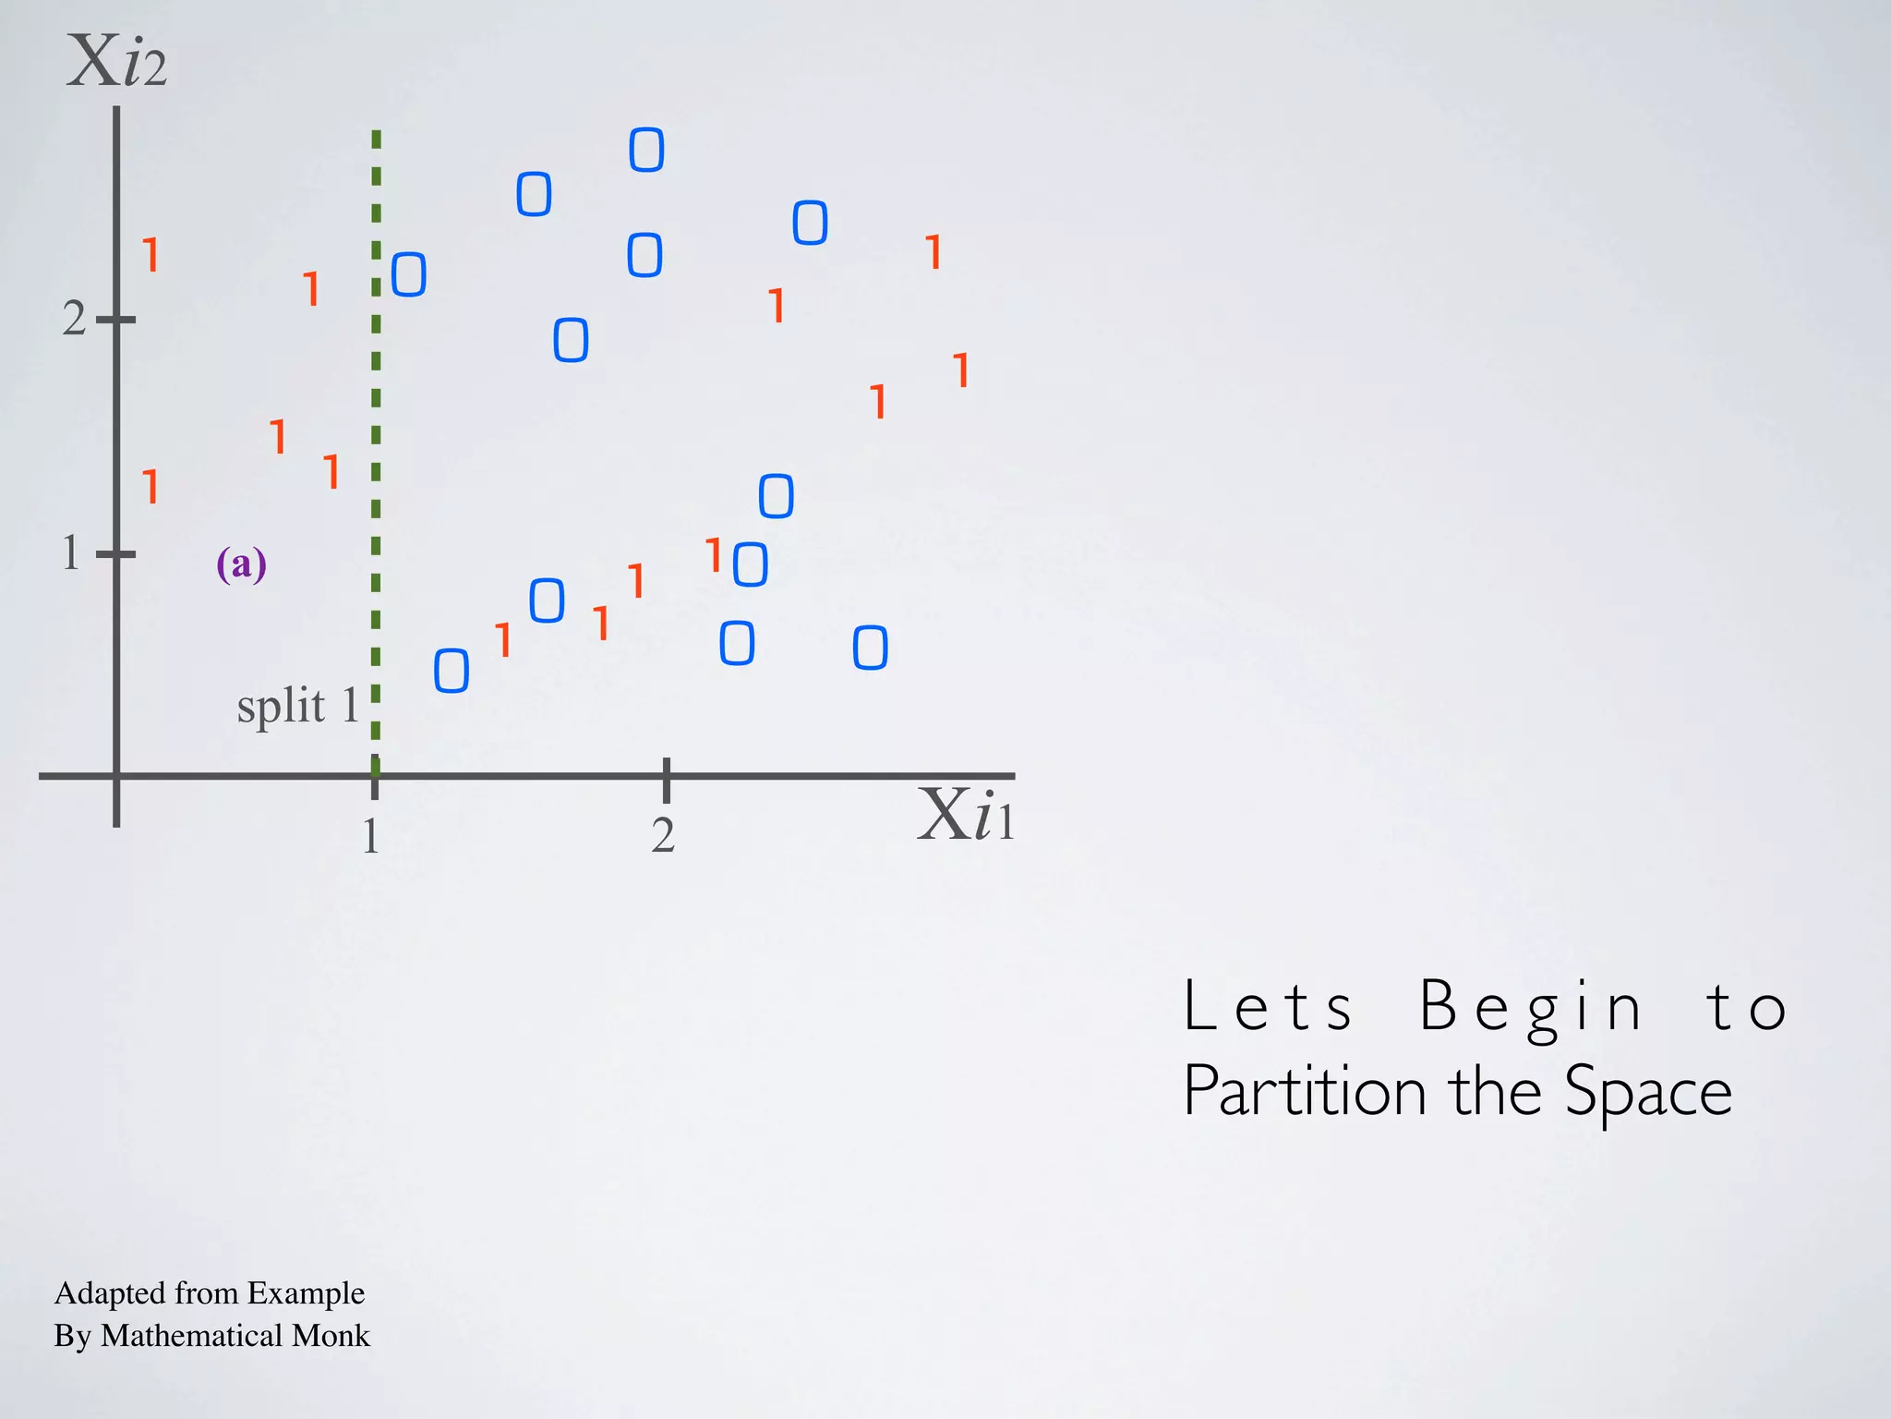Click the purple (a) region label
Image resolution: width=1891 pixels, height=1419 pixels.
[x=241, y=564]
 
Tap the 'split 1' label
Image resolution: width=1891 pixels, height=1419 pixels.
[x=297, y=707]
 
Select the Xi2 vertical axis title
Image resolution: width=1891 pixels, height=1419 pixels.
[x=117, y=63]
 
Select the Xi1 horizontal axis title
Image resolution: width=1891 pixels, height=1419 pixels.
[x=966, y=816]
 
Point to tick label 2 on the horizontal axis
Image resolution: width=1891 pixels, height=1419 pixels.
[x=663, y=835]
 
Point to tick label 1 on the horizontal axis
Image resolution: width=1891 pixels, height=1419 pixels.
[x=371, y=836]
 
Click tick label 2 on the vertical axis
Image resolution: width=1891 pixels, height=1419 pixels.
[x=74, y=319]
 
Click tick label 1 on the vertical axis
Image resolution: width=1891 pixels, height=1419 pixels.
[x=71, y=553]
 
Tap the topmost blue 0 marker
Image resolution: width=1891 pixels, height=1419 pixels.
[x=646, y=150]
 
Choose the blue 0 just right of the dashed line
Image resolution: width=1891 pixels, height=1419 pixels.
[x=409, y=274]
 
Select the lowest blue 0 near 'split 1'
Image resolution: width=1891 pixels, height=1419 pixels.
[x=452, y=671]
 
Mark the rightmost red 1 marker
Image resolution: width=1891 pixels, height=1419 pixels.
[x=962, y=370]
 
